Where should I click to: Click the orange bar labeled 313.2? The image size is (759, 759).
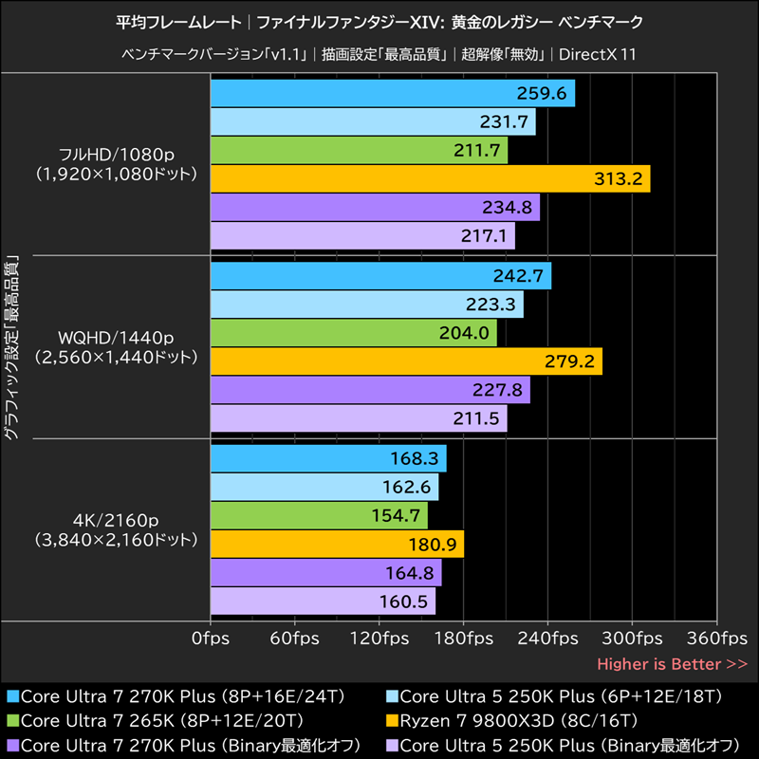click(x=429, y=178)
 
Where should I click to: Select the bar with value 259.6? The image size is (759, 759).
click(x=392, y=93)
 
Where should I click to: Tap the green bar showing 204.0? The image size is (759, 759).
click(x=353, y=333)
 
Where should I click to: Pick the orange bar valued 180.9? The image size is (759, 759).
click(x=337, y=544)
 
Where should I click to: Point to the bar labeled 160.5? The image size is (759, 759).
click(x=323, y=601)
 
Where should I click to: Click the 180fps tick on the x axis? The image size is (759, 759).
click(x=463, y=638)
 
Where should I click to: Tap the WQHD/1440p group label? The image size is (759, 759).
click(x=118, y=337)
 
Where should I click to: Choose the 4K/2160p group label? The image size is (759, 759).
click(x=118, y=520)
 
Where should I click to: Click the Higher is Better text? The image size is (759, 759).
click(x=672, y=663)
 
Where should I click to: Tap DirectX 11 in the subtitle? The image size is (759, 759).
click(x=597, y=54)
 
